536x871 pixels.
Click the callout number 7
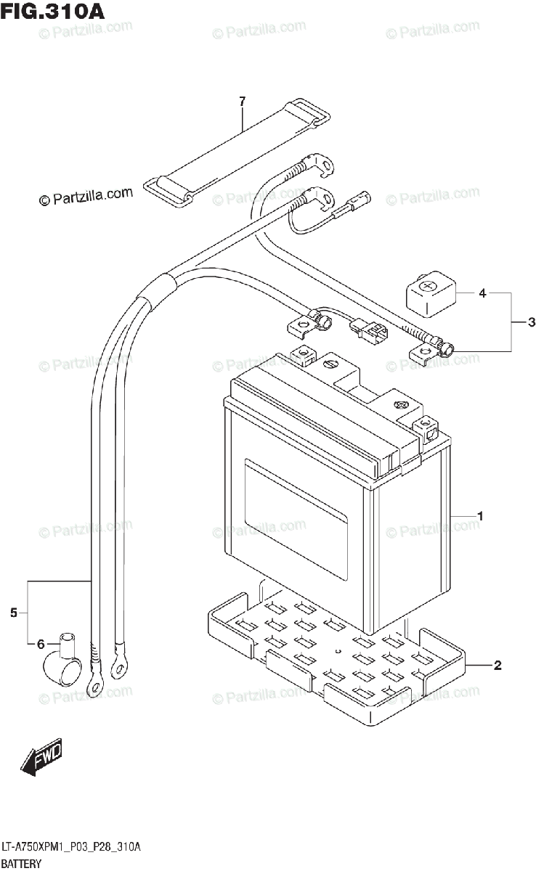pyautogui.click(x=243, y=100)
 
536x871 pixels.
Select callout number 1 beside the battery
pyautogui.click(x=480, y=516)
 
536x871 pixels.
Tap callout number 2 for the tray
pyautogui.click(x=497, y=665)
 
